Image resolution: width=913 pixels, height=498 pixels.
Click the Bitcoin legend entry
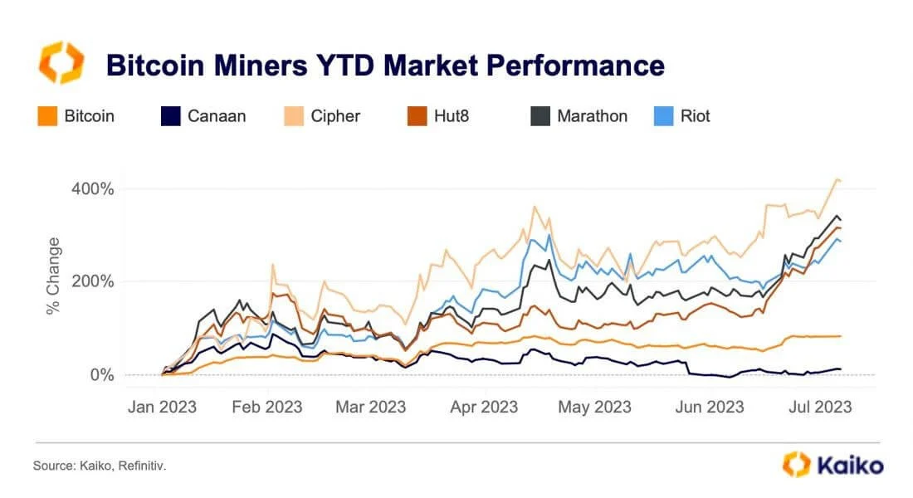76,116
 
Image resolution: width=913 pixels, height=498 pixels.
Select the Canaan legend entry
204,116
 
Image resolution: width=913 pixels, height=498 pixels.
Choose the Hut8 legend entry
440,116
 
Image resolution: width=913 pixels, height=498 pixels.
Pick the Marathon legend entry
579,116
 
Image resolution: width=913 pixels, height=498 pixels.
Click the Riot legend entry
682,116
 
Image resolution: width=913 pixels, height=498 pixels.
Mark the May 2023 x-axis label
594,407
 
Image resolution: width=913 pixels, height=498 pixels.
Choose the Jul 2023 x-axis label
820,407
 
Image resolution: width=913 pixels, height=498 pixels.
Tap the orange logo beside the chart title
61,63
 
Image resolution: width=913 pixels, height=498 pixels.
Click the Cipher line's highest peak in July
837,179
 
